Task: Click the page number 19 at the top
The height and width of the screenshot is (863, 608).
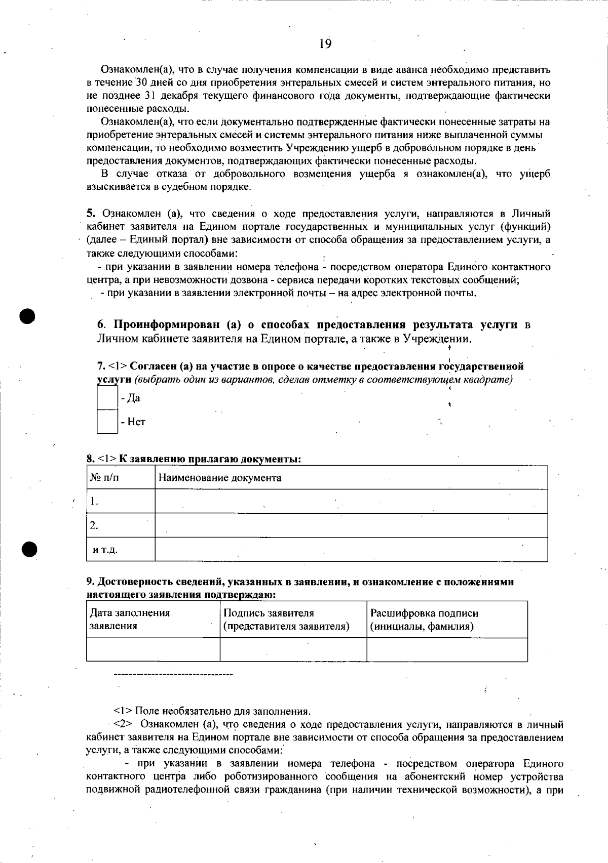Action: tap(325, 44)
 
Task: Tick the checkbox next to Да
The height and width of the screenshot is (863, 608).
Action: tap(107, 398)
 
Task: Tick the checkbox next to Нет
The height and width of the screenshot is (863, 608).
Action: tap(107, 421)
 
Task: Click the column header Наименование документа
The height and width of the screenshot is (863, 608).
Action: tap(220, 478)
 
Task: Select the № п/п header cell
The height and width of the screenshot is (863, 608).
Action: tap(104, 477)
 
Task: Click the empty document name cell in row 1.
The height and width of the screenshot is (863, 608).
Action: tap(351, 501)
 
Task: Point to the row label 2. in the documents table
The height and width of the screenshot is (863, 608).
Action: tap(94, 525)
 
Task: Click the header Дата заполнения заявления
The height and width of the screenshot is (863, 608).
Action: tap(130, 619)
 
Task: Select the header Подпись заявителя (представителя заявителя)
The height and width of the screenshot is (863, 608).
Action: tap(286, 619)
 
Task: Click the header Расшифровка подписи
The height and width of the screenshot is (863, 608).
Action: tap(425, 613)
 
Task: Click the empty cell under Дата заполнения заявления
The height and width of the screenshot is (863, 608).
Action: tap(153, 649)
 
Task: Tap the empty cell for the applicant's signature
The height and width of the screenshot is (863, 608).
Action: tap(293, 649)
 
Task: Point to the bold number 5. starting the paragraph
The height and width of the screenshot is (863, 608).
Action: tap(91, 214)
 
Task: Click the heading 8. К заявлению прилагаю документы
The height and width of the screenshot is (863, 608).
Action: tap(194, 459)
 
